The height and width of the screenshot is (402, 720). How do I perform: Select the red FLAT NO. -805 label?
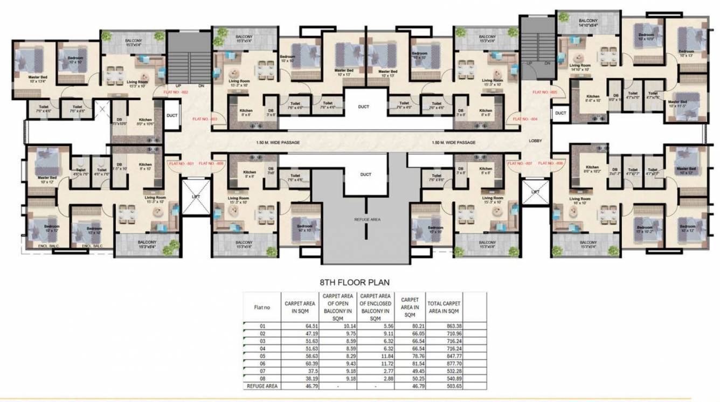pos(545,93)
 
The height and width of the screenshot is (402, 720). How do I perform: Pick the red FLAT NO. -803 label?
pos(205,119)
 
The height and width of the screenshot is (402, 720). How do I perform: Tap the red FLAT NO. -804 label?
pos(525,119)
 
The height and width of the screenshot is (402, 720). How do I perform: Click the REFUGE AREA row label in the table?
pos(261,386)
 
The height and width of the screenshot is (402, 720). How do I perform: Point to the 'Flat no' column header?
pos(261,307)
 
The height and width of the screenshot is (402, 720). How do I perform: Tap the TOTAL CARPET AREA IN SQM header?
pos(444,307)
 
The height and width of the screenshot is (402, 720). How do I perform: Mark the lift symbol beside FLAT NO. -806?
pos(535,191)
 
